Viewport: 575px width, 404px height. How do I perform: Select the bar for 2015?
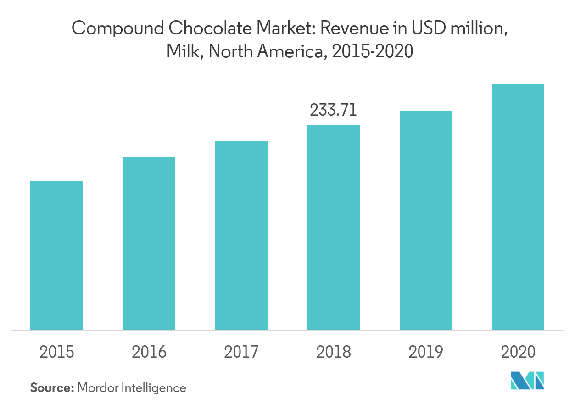56,255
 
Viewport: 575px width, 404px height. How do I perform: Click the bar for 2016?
149,243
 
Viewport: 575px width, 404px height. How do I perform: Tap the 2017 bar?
241,236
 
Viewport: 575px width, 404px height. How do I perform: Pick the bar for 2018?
334,227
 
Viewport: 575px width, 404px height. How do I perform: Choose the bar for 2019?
426,220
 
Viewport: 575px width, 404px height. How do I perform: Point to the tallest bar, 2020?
518,207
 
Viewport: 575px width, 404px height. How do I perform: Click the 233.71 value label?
334,111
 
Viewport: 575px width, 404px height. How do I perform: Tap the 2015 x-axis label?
56,352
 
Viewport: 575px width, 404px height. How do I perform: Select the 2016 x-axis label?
149,352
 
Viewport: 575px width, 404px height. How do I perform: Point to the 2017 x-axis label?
241,352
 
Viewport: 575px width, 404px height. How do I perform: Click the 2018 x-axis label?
334,352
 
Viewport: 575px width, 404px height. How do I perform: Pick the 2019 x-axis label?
426,352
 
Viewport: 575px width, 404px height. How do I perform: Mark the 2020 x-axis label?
518,352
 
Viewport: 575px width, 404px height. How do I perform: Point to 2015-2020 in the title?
372,52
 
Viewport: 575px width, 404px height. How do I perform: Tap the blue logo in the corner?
527,381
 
